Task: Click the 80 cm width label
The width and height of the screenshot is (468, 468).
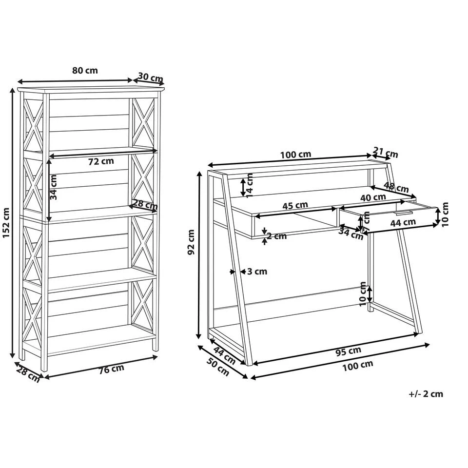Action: (x=85, y=70)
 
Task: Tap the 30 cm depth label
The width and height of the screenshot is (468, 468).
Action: (x=150, y=78)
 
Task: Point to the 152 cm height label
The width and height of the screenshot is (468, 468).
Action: (x=6, y=223)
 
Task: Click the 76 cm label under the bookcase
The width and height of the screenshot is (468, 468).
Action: (x=111, y=369)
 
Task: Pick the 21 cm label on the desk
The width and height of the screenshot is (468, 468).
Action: (x=386, y=153)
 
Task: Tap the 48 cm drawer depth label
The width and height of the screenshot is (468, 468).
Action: (x=396, y=187)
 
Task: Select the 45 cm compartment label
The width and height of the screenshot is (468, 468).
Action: (x=295, y=205)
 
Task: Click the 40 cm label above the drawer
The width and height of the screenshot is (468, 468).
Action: (x=373, y=197)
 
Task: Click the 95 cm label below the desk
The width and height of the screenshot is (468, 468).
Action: (x=349, y=350)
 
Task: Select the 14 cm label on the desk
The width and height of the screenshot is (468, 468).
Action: (x=250, y=185)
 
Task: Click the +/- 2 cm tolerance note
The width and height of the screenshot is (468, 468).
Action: (x=426, y=394)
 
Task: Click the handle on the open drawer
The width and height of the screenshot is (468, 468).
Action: (x=403, y=213)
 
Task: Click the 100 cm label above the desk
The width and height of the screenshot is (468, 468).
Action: (x=295, y=155)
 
